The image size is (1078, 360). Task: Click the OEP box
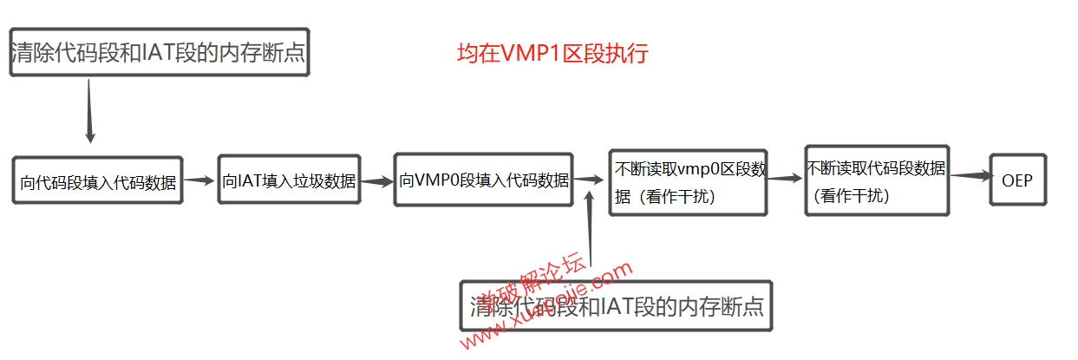coord(1018,180)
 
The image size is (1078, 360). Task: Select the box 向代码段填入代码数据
coord(98,181)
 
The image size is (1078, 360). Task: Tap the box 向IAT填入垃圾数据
coord(289,180)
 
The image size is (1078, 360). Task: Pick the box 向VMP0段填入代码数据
coord(484,180)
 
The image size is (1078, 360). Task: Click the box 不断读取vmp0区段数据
coord(688,182)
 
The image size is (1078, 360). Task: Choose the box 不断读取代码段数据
coord(876,180)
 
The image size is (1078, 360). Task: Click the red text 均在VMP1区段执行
coord(552,54)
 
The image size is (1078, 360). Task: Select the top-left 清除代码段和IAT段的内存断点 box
coord(159,52)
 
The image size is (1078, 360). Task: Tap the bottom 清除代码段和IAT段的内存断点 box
coord(616,305)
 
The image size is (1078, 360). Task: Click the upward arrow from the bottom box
coord(590,230)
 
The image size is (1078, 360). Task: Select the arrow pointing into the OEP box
coord(970,175)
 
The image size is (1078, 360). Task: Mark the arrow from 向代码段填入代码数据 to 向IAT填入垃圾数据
coord(199,180)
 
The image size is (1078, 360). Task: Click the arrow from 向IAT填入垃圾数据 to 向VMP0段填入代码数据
coord(376,182)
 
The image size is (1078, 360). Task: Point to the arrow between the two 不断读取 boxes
coord(786,178)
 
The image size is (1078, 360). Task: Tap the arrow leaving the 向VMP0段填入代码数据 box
coord(589,179)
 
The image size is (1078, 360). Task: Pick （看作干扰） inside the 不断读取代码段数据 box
coord(853,196)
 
